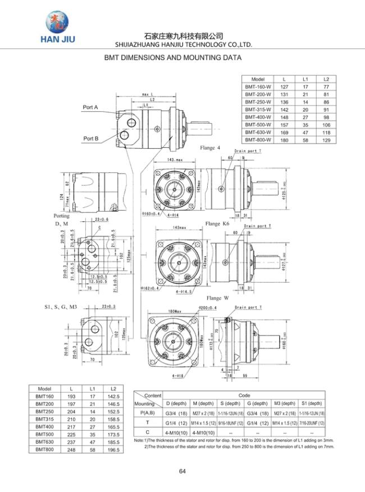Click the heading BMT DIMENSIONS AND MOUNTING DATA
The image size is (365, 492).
173,58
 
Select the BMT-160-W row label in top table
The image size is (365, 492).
258,87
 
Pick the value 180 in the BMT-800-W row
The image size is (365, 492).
285,139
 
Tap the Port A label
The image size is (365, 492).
90,107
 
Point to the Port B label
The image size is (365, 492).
91,138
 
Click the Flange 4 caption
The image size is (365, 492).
210,148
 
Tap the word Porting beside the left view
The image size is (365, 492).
62,216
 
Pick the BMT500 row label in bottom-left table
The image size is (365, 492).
44,434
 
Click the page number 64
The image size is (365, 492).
182,471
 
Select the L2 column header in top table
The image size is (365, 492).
326,80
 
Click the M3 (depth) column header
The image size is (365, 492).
284,403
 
